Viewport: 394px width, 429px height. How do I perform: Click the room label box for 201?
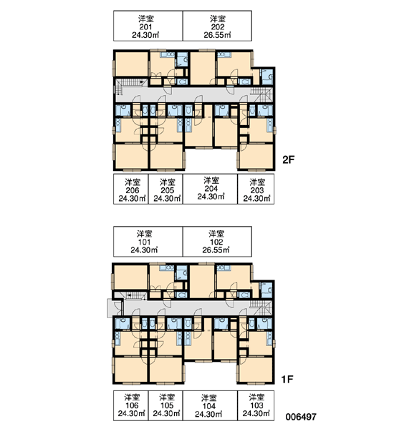[148, 26]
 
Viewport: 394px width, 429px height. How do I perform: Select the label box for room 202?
[217, 26]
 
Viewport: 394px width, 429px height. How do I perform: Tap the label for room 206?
[131, 189]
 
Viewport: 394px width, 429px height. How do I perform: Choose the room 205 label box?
[165, 189]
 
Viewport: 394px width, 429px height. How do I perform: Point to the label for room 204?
[210, 189]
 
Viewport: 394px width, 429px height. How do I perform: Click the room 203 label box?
[256, 189]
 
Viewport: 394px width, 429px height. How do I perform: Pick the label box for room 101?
[148, 242]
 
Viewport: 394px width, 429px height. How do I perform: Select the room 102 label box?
[217, 242]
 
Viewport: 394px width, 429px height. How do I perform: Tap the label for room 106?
[131, 405]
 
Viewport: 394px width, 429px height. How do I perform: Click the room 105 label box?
[165, 405]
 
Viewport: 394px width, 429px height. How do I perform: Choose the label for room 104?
[210, 405]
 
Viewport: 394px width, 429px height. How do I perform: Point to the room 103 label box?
[256, 405]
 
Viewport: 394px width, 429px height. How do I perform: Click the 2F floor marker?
[288, 159]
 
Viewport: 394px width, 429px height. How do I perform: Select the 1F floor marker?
[287, 379]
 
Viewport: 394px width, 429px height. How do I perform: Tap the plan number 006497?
[301, 417]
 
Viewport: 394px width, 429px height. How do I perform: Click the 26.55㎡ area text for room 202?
[217, 35]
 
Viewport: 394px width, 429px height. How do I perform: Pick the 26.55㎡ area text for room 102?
[216, 250]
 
